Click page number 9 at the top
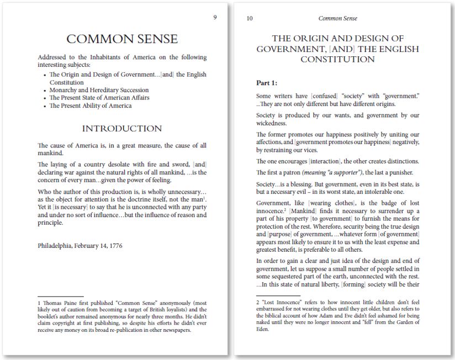tap(215, 18)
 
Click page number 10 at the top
tap(250, 18)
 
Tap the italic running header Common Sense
tap(337, 18)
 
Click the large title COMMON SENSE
tap(122, 39)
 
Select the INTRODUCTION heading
tap(122, 129)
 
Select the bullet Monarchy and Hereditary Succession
tap(99, 90)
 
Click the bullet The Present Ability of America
tap(90, 105)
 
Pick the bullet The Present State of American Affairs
tap(99, 98)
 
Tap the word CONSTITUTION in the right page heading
tap(337, 59)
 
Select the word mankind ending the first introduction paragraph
tap(51, 153)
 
